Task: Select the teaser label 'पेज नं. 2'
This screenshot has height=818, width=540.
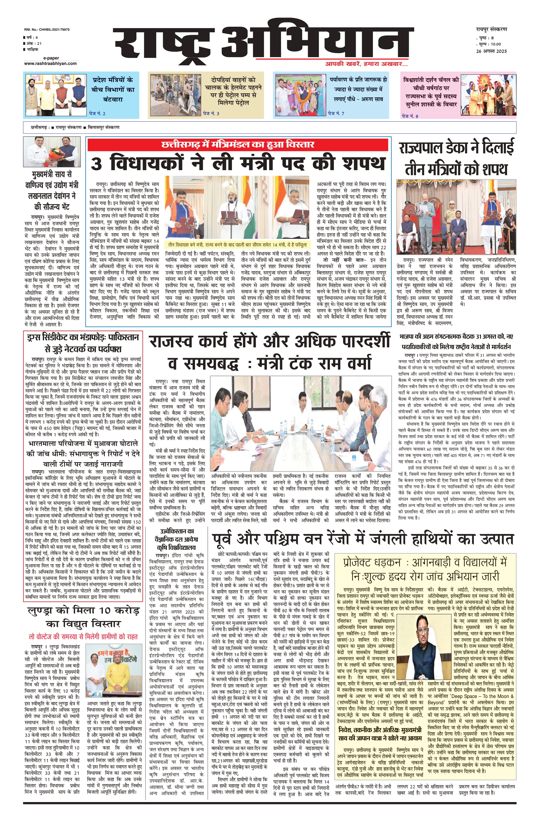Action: tap(97, 113)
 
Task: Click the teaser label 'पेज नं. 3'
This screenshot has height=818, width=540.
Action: tap(211, 113)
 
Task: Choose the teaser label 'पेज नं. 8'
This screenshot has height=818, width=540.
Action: tap(411, 116)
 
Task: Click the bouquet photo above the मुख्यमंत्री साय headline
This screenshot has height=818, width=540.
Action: tap(52, 152)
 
